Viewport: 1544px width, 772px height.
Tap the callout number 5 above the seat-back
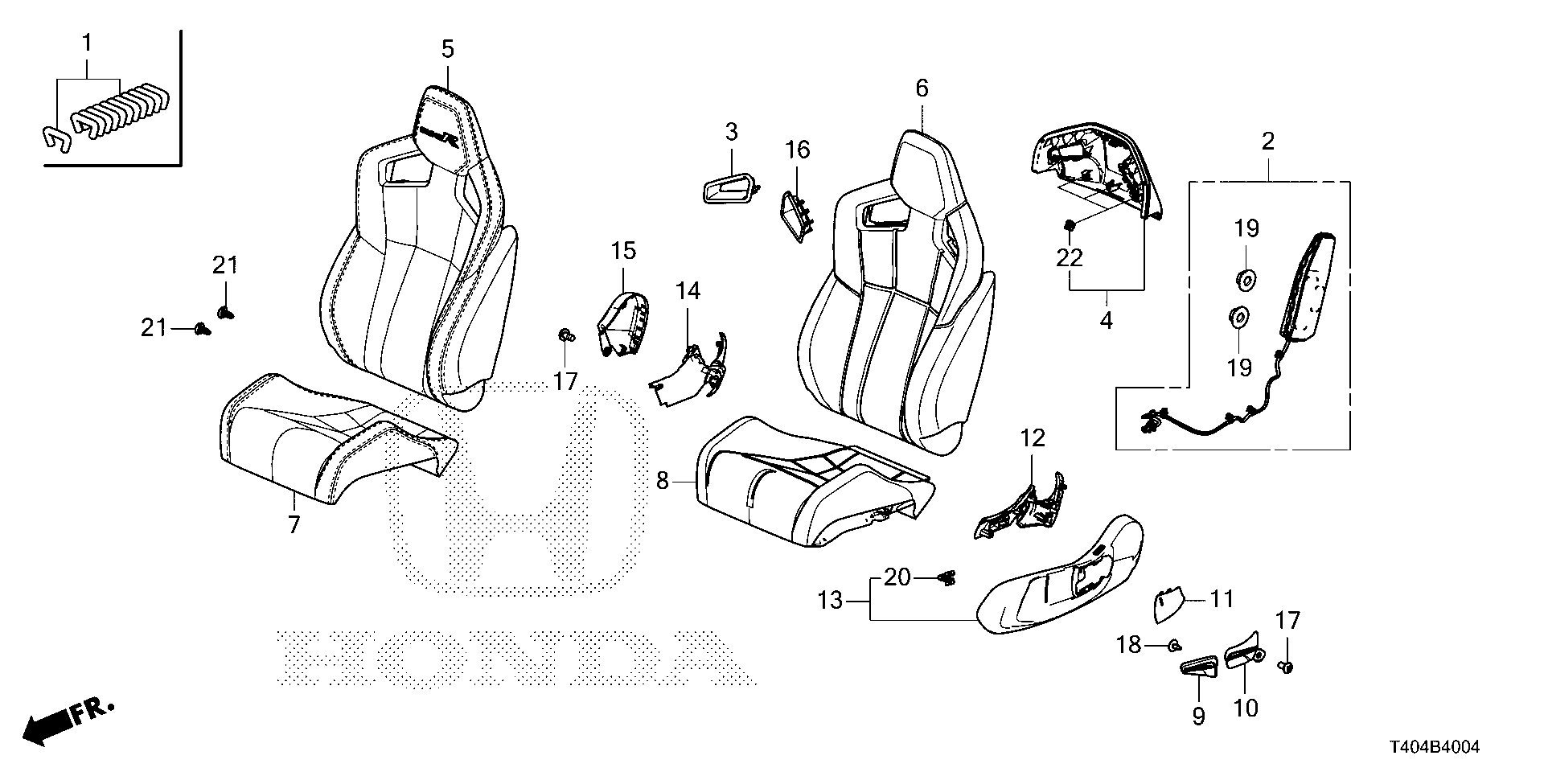448,49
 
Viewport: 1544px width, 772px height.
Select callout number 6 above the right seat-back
922,88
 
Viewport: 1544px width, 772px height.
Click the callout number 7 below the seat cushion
294,525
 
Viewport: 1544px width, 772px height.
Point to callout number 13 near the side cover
830,600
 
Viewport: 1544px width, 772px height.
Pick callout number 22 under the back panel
1070,258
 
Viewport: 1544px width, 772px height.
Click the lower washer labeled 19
1239,317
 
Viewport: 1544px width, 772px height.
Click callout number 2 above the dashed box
1268,142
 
